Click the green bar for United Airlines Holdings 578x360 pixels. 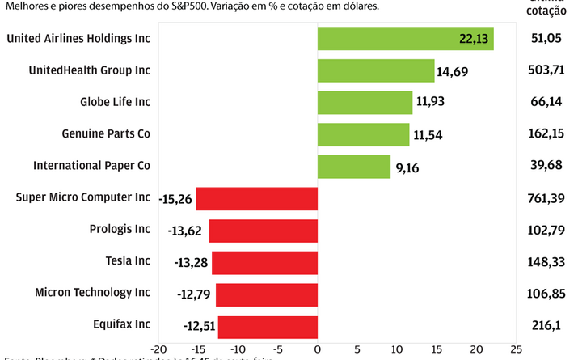tap(405, 39)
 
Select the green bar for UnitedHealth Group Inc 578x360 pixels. tap(376, 70)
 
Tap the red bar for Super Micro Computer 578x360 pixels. tap(257, 198)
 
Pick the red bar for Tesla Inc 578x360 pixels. tap(264, 262)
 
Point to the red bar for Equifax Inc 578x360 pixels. tap(268, 326)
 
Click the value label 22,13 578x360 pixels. tap(475, 39)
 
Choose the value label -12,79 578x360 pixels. tap(194, 294)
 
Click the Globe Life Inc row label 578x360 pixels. tap(115, 102)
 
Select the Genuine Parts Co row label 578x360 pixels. tap(106, 133)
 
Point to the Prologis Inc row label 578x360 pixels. tap(120, 229)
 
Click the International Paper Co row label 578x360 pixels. tap(91, 165)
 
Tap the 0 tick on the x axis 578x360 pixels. tap(318, 349)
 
